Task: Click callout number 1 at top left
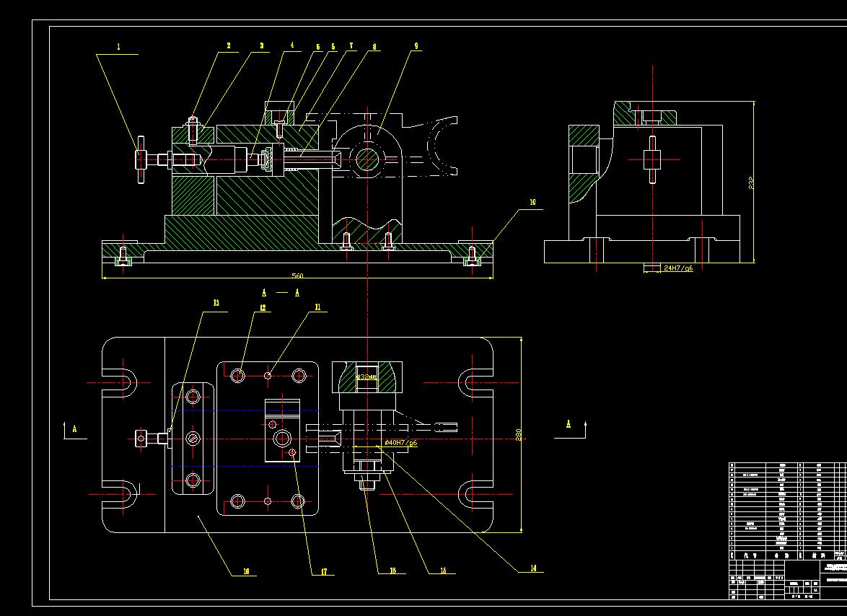pos(119,47)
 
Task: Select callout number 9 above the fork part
pos(416,46)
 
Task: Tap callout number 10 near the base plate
pos(532,203)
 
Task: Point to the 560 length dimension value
pos(297,276)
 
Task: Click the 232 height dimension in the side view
pos(750,182)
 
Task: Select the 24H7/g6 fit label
pos(678,268)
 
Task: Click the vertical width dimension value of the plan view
pos(518,436)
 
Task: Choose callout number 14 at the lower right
pos(533,568)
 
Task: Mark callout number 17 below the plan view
pos(323,572)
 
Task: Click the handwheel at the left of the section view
pos(141,159)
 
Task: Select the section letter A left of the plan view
pos(74,428)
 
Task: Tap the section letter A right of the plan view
pos(568,423)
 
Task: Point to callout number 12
pos(263,308)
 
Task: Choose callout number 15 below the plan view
pos(443,571)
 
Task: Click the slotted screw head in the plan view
pos(193,438)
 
